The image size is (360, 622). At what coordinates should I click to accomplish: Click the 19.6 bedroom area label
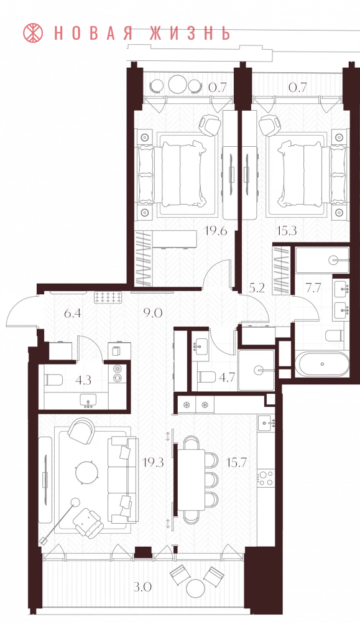coord(216,231)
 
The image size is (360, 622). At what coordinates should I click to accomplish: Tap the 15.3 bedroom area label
coord(287,231)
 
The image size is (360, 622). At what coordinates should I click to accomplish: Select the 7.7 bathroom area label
coord(313,287)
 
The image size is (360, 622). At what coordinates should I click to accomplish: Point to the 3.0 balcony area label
coord(142,587)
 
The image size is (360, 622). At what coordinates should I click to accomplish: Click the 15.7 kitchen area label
coord(235,462)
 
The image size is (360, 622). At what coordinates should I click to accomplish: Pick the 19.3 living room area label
coord(154,462)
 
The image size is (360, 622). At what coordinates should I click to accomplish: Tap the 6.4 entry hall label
coord(73,313)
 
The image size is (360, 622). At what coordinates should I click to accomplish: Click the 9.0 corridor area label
coord(153,313)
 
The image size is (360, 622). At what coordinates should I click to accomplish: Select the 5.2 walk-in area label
coord(257,287)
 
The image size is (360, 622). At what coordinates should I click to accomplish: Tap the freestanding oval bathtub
coord(322,364)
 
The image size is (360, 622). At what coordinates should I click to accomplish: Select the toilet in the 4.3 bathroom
coord(54,380)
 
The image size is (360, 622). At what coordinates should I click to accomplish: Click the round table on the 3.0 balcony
coord(195,588)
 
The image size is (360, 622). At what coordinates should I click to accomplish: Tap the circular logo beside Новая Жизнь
coord(34,33)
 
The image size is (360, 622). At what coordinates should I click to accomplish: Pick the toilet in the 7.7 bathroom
coord(335,336)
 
